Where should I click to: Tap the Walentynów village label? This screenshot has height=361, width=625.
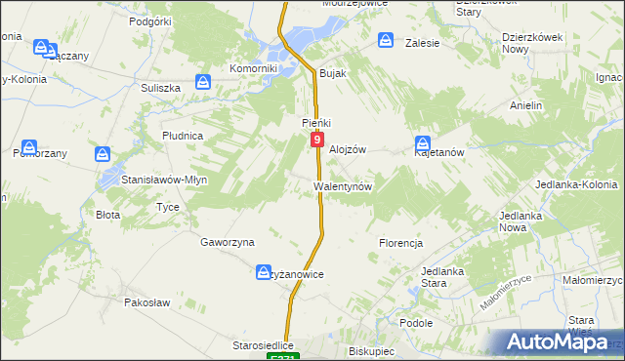pos(342,185)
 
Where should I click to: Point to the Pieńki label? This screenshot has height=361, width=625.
pos(316,123)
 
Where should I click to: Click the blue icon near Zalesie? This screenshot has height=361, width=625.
pos(386,42)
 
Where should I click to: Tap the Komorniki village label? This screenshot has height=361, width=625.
pos(254,69)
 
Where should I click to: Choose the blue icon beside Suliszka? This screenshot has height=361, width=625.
pos(202,82)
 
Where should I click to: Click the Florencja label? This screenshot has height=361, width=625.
pos(400,242)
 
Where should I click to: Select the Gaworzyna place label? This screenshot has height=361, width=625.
pos(228,242)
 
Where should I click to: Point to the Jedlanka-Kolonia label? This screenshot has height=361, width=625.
pos(583,184)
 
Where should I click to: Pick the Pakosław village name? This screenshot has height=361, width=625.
pos(147,302)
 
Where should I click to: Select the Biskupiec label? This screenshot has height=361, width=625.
pos(370,347)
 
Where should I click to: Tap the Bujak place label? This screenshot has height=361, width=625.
pos(334,74)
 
